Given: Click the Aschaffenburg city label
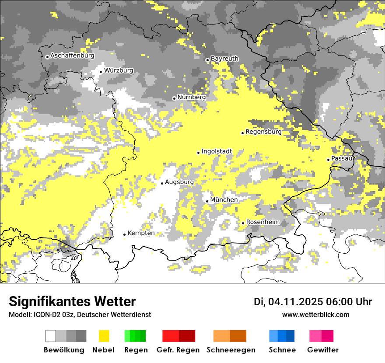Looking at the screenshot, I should (x=72, y=56).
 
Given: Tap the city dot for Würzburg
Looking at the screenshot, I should (x=101, y=72).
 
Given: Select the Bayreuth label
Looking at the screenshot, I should (x=224, y=59).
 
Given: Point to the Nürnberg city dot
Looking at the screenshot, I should (x=174, y=98).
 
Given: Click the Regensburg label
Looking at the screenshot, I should (x=263, y=132).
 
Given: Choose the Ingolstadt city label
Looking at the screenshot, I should (x=217, y=152).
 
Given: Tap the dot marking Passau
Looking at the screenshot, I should (x=328, y=160).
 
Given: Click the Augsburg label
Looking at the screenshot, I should (x=179, y=182).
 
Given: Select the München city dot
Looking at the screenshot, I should (x=207, y=201).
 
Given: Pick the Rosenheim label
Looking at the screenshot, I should (x=262, y=222).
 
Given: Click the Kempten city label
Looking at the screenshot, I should (x=141, y=233).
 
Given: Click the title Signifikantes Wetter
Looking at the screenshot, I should (x=72, y=302).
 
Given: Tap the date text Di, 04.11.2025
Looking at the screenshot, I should (x=288, y=302).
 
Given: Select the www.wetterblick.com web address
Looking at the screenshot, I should (x=315, y=314).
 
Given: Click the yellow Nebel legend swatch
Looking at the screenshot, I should (x=104, y=336).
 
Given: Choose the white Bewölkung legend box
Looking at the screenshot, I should (x=51, y=336).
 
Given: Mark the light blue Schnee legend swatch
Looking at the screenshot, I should (x=273, y=336).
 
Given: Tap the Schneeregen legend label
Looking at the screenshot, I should (x=231, y=350).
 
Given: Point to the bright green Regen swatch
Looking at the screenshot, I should (x=127, y=336).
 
